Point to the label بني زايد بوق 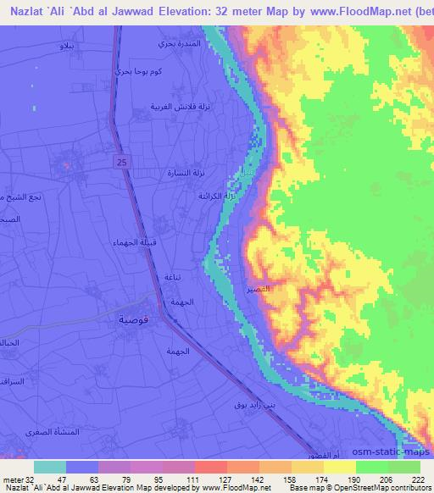click(x=239, y=405)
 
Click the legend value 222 click(x=415, y=480)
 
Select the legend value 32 click(x=31, y=480)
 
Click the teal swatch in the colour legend click(x=50, y=467)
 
